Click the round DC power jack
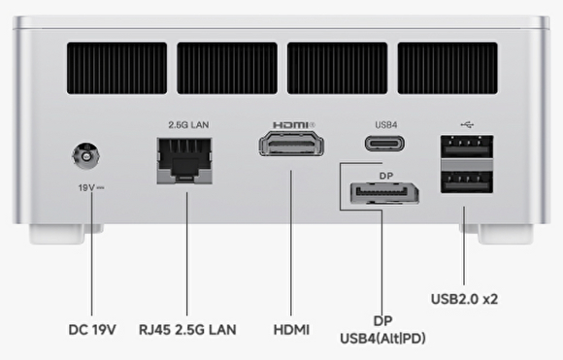click(x=85, y=156)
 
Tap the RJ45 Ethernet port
click(x=184, y=161)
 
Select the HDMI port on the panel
click(x=291, y=144)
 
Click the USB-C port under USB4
click(x=384, y=144)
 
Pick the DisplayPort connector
click(x=384, y=194)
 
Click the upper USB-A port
click(x=467, y=147)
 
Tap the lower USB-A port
click(x=467, y=182)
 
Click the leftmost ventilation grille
click(x=116, y=68)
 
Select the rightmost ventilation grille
click(x=447, y=68)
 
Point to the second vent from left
click(x=227, y=68)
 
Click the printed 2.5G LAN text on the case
click(x=188, y=125)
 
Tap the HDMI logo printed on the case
click(x=294, y=125)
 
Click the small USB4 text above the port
click(x=386, y=125)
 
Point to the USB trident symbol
click(x=467, y=124)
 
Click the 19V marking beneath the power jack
click(x=91, y=187)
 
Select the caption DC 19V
click(x=92, y=330)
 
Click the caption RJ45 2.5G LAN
click(x=187, y=330)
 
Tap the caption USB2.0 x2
click(x=464, y=299)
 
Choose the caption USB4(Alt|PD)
click(x=382, y=339)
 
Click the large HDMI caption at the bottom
click(x=291, y=330)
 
